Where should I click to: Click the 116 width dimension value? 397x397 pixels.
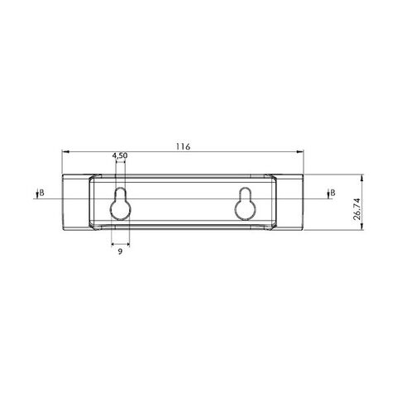(184, 146)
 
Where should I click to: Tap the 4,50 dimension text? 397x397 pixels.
(120, 155)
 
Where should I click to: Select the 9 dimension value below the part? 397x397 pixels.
(120, 251)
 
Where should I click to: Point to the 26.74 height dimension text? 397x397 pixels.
(357, 208)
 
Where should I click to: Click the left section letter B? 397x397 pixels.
(41, 193)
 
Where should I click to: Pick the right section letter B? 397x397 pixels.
(332, 193)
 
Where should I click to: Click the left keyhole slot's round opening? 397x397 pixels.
(121, 210)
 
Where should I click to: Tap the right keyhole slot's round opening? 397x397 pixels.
(245, 210)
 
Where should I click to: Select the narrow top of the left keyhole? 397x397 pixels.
(121, 193)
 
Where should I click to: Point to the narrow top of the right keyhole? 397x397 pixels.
(245, 193)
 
